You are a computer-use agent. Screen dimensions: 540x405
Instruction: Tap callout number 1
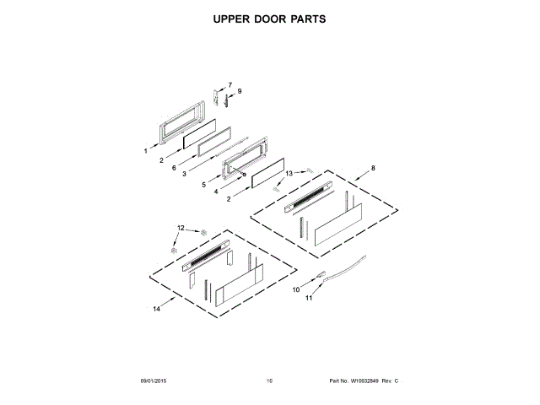click(x=145, y=152)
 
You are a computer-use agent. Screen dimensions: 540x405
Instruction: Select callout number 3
click(x=185, y=175)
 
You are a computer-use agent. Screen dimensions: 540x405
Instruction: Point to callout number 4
click(x=216, y=192)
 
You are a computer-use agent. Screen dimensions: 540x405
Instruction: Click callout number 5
click(x=203, y=184)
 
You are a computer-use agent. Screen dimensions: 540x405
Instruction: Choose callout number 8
click(x=371, y=169)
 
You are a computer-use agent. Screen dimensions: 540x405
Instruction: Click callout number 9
click(x=239, y=91)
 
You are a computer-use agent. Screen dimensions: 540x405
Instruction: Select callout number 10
click(x=295, y=290)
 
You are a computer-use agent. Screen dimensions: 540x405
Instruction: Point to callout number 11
click(x=309, y=298)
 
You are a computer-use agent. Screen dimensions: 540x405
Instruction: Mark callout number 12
click(x=180, y=228)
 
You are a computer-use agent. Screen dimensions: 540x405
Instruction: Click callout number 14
click(x=156, y=310)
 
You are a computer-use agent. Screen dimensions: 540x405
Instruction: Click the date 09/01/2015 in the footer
click(x=154, y=382)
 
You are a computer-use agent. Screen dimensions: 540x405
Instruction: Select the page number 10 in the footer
click(x=269, y=382)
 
